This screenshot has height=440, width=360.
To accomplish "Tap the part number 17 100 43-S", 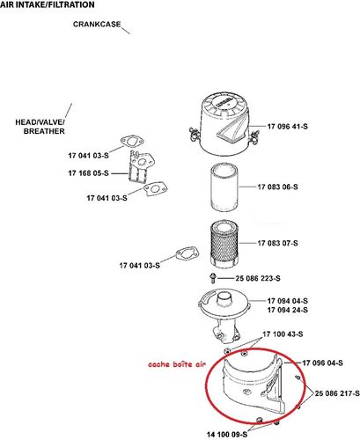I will pos(285,334).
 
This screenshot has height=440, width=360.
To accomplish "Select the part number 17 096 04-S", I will pos(327,362).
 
